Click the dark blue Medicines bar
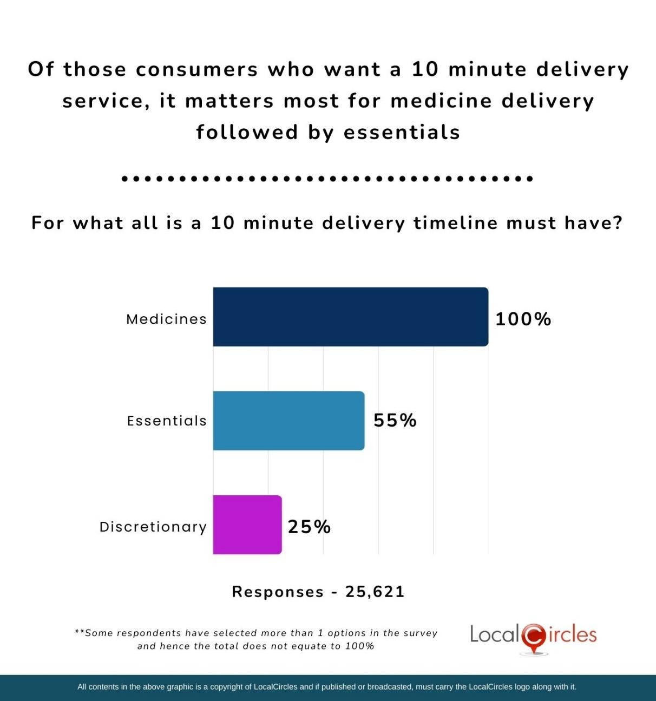pyautogui.click(x=351, y=317)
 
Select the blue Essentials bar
pyautogui.click(x=288, y=421)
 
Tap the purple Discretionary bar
pyautogui.click(x=247, y=525)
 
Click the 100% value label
pyautogui.click(x=523, y=319)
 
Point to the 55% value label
pyautogui.click(x=395, y=421)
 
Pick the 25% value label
pyautogui.click(x=309, y=527)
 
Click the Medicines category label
pyautogui.click(x=166, y=319)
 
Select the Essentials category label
pyautogui.click(x=167, y=421)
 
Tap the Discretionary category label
pyautogui.click(x=153, y=527)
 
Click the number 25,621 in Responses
pyautogui.click(x=375, y=592)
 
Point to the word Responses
pyautogui.click(x=278, y=592)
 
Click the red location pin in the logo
pyautogui.click(x=534, y=638)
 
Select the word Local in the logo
pyautogui.click(x=494, y=634)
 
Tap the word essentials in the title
pyautogui.click(x=402, y=132)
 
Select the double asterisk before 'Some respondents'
pyautogui.click(x=79, y=632)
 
